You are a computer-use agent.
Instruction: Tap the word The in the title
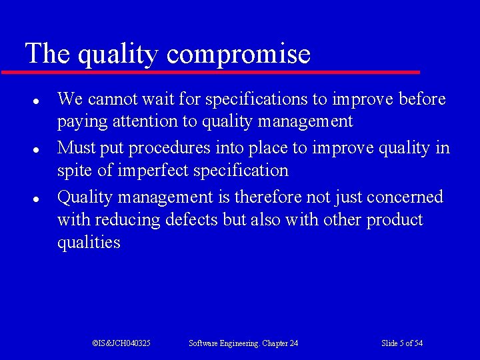pyautogui.click(x=47, y=53)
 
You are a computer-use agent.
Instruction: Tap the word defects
pyautogui.click(x=191, y=220)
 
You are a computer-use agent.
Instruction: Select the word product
pyautogui.click(x=395, y=220)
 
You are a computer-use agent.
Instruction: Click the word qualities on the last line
pyautogui.click(x=89, y=243)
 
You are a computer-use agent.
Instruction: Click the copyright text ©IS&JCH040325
pyautogui.click(x=121, y=343)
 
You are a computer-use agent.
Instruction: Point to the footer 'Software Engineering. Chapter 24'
pyautogui.click(x=243, y=343)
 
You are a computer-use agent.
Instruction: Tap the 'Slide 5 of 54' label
pyautogui.click(x=401, y=343)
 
